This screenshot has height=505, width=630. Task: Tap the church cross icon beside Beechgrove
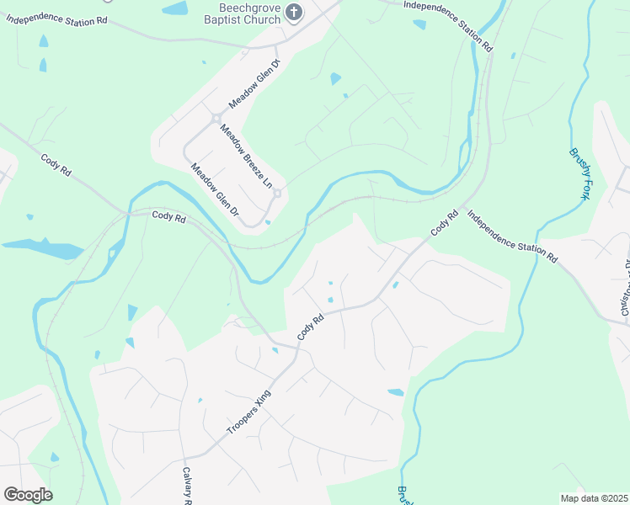tap(294, 12)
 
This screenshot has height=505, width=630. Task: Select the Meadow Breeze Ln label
tap(247, 157)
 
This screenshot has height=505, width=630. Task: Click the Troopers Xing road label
tap(249, 412)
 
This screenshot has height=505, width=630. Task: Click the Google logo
tap(28, 494)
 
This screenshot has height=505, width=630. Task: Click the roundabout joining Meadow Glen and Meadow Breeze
tap(216, 119)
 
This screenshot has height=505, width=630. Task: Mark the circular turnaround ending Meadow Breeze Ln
tap(276, 193)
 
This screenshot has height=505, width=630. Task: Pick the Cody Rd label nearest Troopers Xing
tap(311, 327)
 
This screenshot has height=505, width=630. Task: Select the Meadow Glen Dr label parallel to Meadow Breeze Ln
tap(215, 194)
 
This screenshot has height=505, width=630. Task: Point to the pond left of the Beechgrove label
tap(175, 8)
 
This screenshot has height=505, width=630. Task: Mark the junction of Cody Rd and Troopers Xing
tap(296, 348)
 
